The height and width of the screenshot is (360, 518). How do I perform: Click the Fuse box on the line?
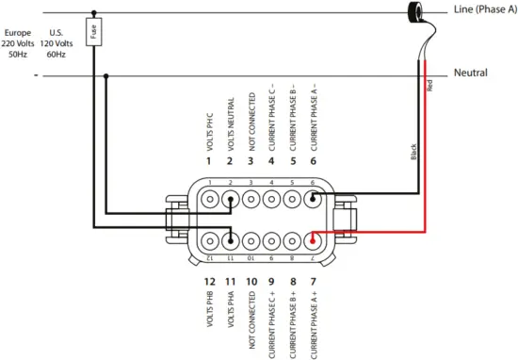93,32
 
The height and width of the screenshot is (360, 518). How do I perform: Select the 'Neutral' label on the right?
470,74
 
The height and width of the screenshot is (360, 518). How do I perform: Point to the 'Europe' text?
18,32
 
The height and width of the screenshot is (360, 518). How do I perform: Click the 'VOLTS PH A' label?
230,309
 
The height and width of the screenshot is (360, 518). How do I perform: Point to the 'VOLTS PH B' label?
209,309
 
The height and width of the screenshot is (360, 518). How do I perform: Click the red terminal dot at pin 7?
312,237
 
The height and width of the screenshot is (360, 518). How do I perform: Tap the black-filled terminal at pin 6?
312,199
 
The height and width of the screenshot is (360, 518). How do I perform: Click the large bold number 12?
209,281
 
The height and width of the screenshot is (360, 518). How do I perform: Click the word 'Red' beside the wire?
429,84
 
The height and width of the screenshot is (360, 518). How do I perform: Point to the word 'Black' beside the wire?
413,151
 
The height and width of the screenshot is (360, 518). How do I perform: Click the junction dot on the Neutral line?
105,76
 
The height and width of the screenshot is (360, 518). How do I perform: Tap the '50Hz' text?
18,55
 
